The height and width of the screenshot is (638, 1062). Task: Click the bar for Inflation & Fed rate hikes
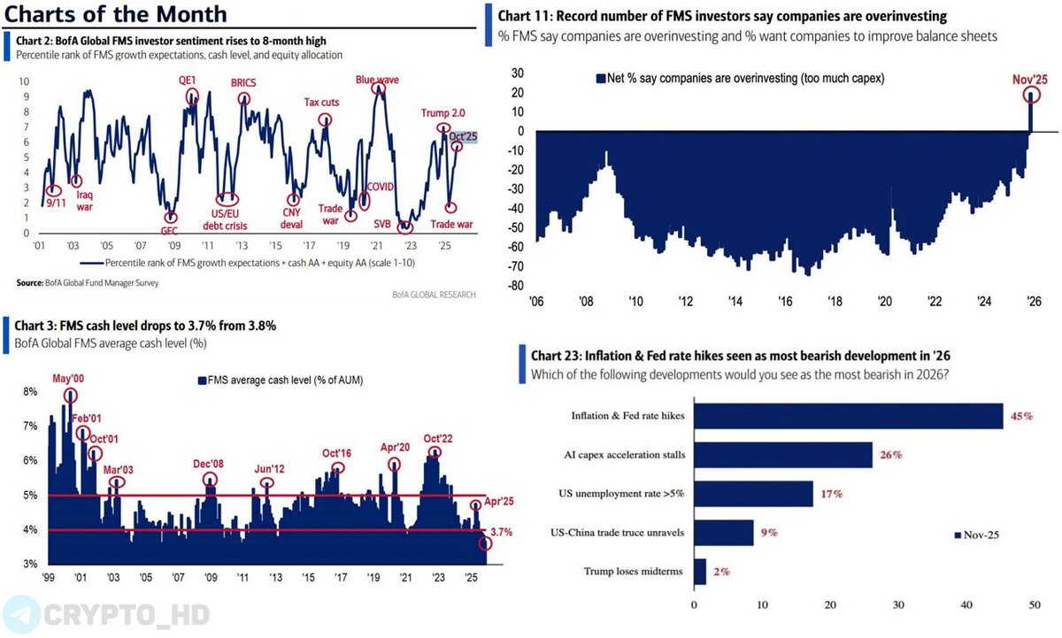pyautogui.click(x=848, y=416)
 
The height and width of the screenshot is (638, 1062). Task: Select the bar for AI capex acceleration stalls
pyautogui.click(x=782, y=455)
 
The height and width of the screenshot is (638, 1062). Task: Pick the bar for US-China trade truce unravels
pyautogui.click(x=722, y=533)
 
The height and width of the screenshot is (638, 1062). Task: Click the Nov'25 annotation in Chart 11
pyautogui.click(x=1030, y=80)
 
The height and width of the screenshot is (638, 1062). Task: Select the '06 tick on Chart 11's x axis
pyautogui.click(x=536, y=302)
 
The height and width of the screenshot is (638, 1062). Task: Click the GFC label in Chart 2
pyautogui.click(x=170, y=230)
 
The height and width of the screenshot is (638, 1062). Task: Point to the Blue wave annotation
pyautogui.click(x=377, y=80)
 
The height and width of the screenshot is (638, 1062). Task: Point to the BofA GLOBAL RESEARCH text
pyautogui.click(x=435, y=293)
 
